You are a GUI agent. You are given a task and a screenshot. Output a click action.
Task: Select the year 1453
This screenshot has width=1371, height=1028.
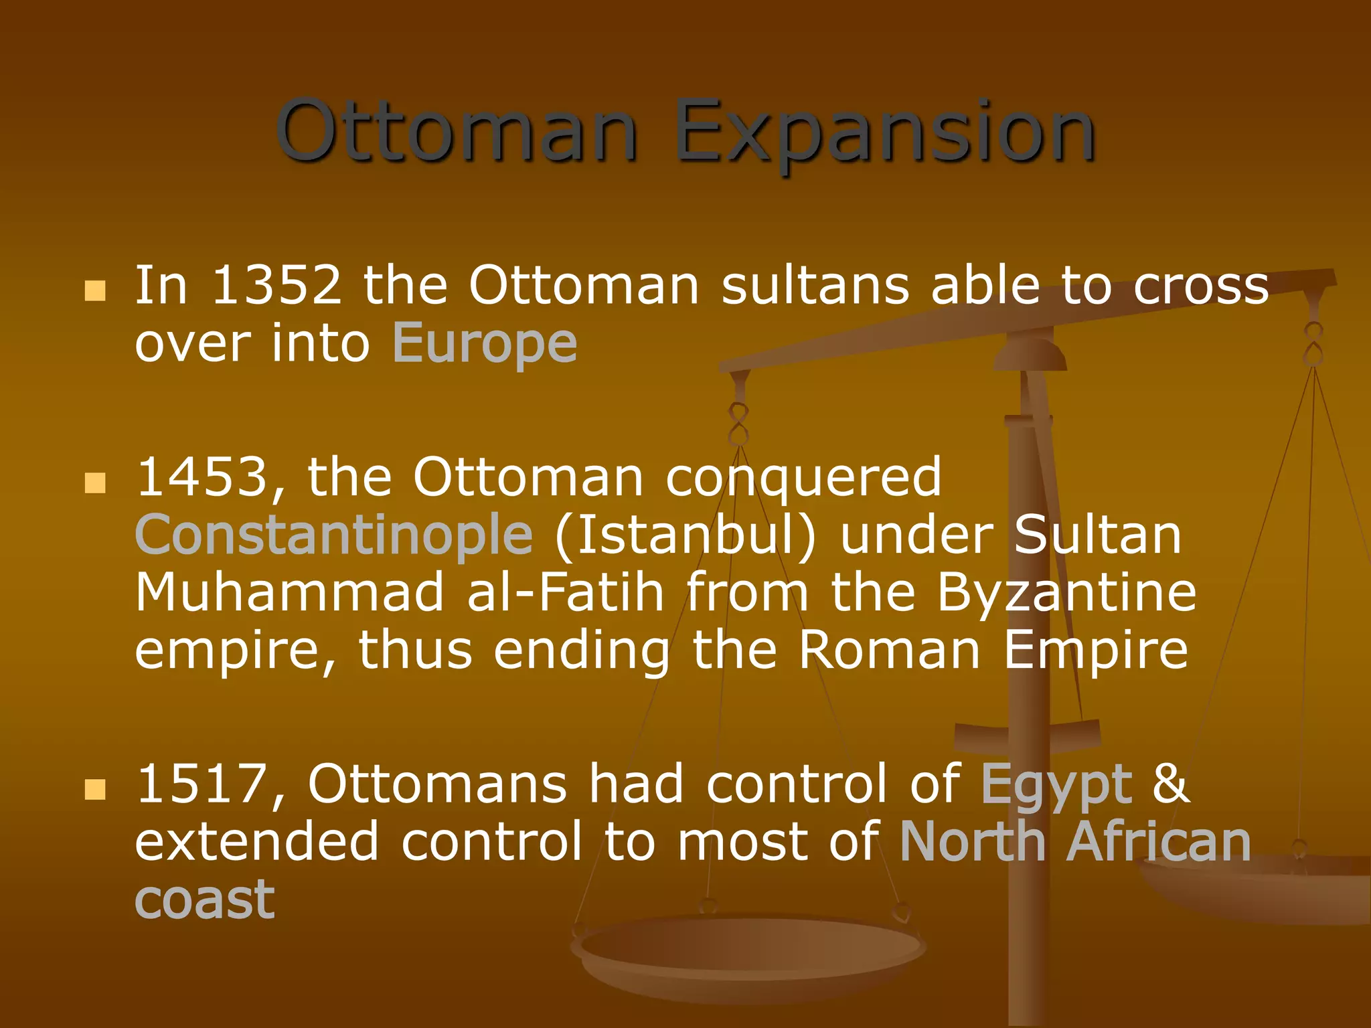pyautogui.click(x=202, y=478)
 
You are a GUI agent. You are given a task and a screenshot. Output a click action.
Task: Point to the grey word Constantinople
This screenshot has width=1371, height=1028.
pyautogui.click(x=333, y=535)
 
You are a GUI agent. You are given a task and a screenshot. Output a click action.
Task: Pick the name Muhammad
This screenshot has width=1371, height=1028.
pyautogui.click(x=289, y=593)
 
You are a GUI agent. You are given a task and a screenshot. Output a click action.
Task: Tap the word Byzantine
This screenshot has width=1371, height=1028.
pyautogui.click(x=1066, y=593)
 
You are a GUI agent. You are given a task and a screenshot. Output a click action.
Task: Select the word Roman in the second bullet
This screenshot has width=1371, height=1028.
pyautogui.click(x=890, y=651)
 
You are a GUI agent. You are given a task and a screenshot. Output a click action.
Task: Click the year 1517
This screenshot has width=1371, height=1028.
pyautogui.click(x=202, y=784)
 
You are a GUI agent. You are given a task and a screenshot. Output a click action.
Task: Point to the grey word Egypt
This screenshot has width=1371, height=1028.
pyautogui.click(x=1056, y=784)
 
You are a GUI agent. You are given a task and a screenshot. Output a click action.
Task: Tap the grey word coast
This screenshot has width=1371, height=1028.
pyautogui.click(x=205, y=899)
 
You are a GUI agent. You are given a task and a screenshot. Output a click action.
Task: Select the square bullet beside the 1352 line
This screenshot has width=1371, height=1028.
pyautogui.click(x=95, y=290)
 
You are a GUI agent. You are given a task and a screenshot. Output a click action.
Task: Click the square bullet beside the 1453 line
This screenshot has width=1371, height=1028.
pyautogui.click(x=95, y=482)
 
